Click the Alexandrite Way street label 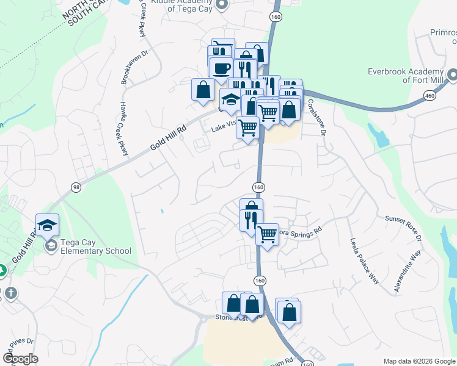(x=408, y=273)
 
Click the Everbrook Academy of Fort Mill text (x=404, y=76)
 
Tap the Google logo (x=20, y=359)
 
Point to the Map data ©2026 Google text (x=419, y=361)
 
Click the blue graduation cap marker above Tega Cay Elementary (x=47, y=224)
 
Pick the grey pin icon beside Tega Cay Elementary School (x=51, y=246)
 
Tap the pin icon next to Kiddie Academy (x=222, y=5)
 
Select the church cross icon (x=10, y=293)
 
